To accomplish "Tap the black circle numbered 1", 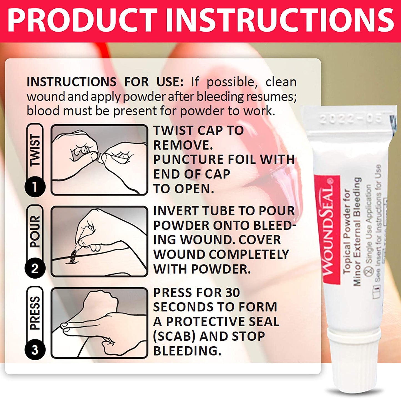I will (x=35, y=187).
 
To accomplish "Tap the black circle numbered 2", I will (x=35, y=268).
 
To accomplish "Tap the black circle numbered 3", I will (x=35, y=350).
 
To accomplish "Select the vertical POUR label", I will (x=35, y=232).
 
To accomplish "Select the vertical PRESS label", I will (x=35, y=313).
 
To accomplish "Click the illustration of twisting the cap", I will (x=99, y=160).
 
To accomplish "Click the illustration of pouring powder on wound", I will (x=99, y=241).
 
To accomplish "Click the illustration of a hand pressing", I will (x=99, y=323).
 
